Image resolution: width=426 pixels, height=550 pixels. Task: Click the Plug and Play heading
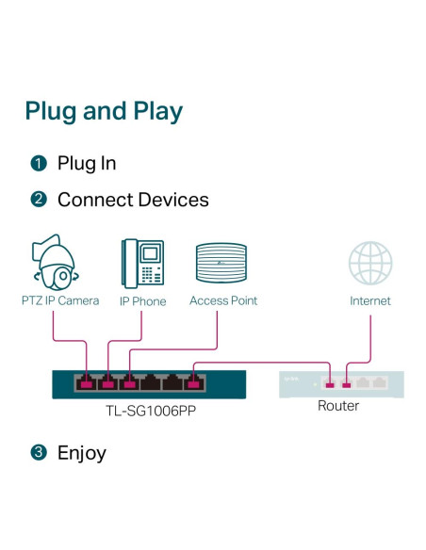(104, 111)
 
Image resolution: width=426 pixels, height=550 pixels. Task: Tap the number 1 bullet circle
(39, 164)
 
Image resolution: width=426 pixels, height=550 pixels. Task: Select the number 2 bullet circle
(39, 200)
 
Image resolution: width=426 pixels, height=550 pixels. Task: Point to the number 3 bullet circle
(39, 452)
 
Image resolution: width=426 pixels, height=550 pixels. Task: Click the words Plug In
(87, 164)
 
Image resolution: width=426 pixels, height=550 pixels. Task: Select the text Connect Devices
(133, 200)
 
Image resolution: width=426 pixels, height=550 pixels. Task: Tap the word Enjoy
(82, 453)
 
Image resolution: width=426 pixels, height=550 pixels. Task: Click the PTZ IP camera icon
(55, 262)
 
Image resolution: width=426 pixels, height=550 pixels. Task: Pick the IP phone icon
(143, 264)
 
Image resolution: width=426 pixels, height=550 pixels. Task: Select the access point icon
(221, 263)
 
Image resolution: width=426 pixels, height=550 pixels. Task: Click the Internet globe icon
(370, 263)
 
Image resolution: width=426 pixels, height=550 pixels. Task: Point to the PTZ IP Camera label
(60, 300)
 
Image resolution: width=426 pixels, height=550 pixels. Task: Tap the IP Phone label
(143, 301)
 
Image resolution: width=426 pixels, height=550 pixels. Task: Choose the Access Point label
(223, 300)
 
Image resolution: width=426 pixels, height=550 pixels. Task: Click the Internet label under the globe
(370, 300)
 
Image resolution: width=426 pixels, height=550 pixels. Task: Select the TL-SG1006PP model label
(151, 411)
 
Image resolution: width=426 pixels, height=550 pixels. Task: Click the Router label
(338, 406)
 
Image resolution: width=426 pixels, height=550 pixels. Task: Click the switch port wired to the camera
(86, 382)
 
